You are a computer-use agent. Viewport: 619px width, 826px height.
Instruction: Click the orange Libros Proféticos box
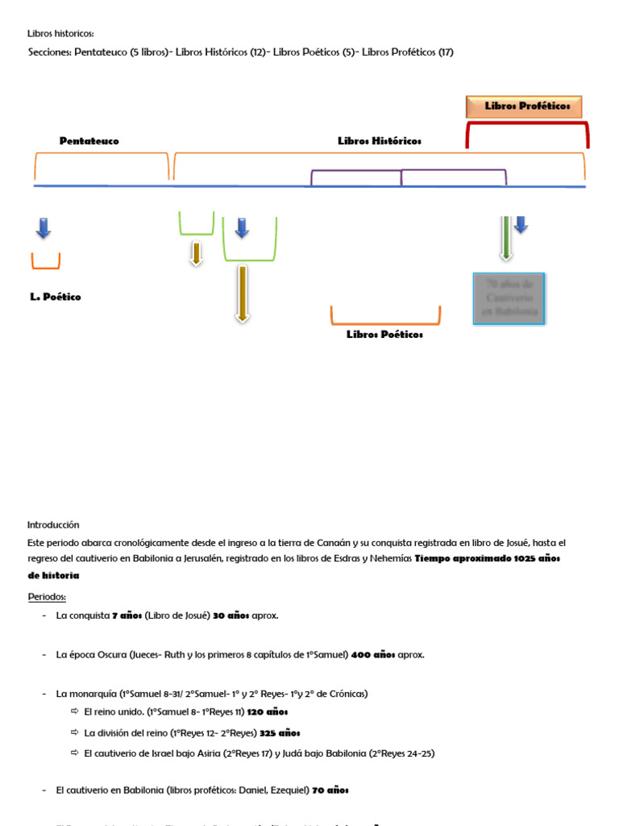tap(524, 106)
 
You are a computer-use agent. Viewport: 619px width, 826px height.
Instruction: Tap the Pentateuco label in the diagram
tap(89, 141)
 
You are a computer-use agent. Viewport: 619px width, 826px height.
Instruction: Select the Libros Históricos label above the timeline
tap(379, 141)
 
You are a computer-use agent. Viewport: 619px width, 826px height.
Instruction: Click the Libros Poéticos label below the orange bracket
tap(384, 335)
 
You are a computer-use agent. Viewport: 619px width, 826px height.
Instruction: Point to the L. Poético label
tap(56, 297)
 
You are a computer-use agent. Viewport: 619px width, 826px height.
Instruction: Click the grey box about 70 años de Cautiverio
tap(509, 298)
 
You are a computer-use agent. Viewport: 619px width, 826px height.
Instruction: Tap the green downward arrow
tap(505, 237)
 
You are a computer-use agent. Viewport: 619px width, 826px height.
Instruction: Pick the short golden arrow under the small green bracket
tap(195, 252)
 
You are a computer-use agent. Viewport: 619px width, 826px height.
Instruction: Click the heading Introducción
tap(53, 524)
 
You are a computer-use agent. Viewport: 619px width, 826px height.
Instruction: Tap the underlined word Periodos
tap(47, 597)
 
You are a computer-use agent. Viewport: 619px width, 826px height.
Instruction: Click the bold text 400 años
tap(373, 655)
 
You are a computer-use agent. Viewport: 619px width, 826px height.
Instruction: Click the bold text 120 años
tap(268, 712)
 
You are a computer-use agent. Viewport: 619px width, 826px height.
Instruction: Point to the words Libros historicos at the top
tap(60, 34)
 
